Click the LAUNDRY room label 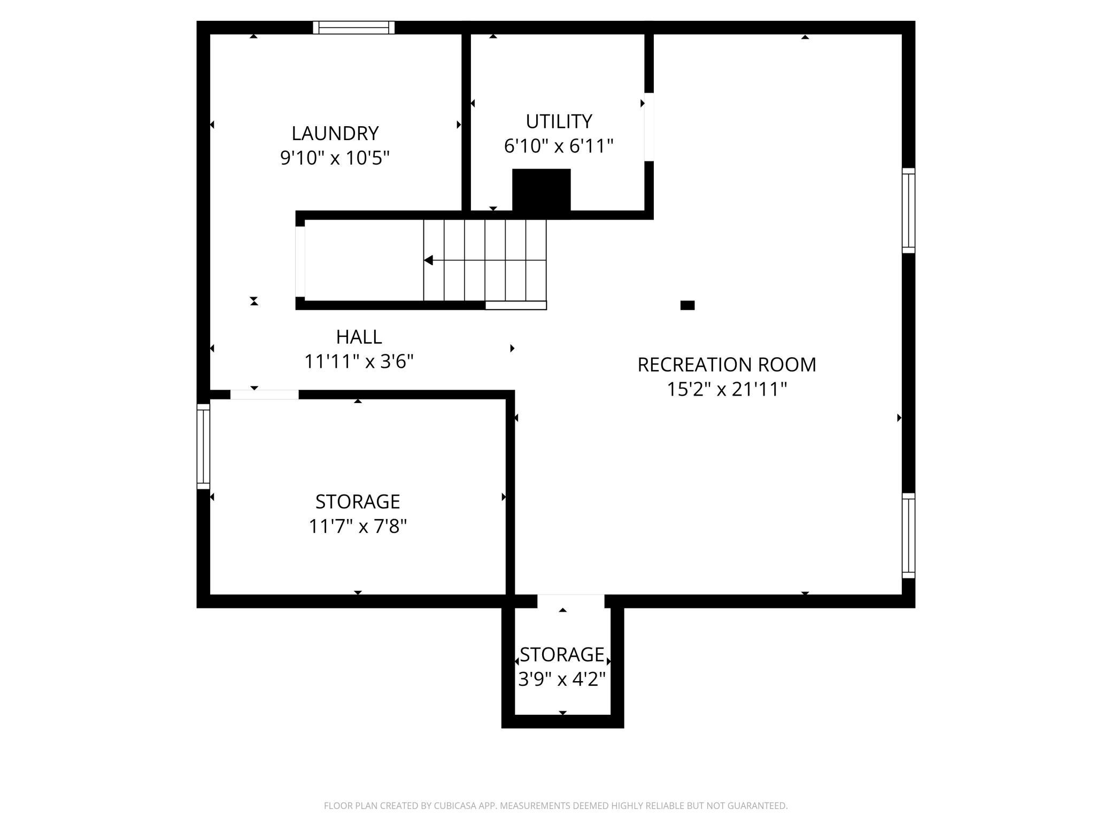tap(335, 133)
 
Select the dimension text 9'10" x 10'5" tap(335, 158)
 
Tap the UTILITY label tap(559, 121)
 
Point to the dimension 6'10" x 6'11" tap(559, 146)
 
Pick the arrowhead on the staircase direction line tap(428, 260)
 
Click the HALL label tap(359, 337)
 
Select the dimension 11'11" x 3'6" tap(359, 362)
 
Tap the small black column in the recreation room tap(687, 305)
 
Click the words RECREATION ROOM tap(727, 365)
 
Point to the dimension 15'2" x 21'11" tap(727, 389)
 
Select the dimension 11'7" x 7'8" tap(358, 527)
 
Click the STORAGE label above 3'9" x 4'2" tap(562, 654)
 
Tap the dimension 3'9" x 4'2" tap(562, 679)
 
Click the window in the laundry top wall tap(353, 27)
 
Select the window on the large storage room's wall tap(203, 446)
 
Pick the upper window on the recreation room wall tap(908, 211)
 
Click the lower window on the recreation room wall tap(908, 535)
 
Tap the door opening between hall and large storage tap(264, 395)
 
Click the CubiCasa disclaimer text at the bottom tap(555, 805)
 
